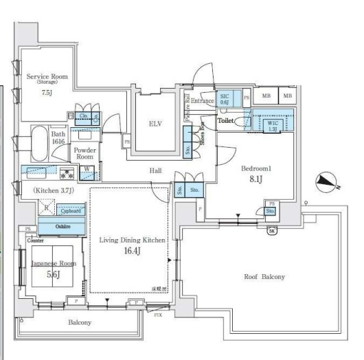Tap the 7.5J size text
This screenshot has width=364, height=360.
point(47,91)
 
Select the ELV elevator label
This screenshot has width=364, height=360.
point(155,124)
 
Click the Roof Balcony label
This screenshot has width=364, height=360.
point(264,277)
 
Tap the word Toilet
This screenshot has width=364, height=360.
point(226,120)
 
